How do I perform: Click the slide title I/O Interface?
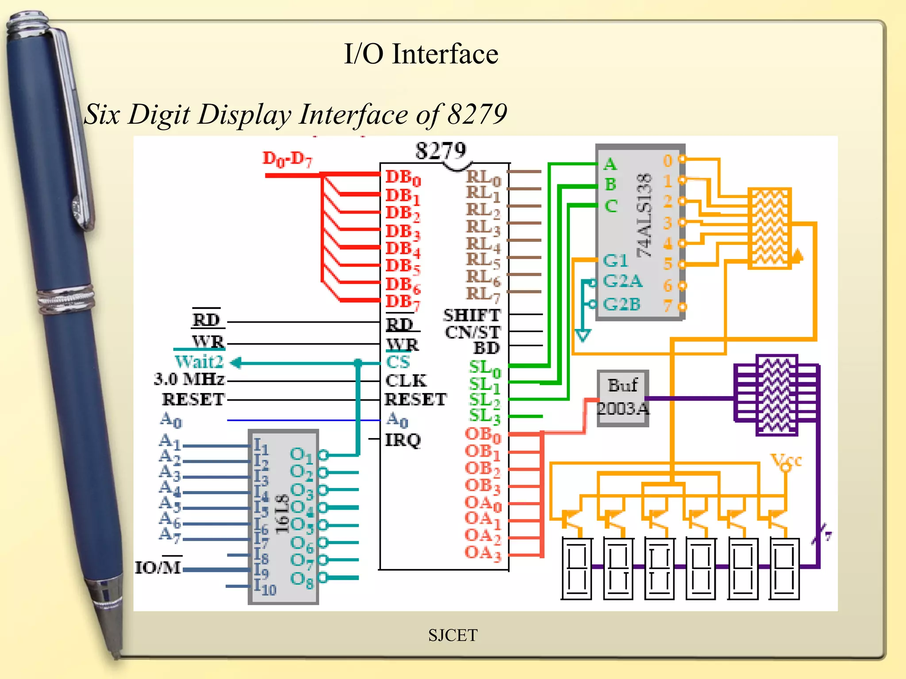click(421, 54)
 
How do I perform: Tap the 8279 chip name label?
click(440, 151)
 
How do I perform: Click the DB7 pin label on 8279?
click(403, 302)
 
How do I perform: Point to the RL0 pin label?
click(483, 178)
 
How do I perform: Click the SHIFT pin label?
click(472, 315)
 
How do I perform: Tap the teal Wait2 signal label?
click(199, 362)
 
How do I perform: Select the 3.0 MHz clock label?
click(189, 379)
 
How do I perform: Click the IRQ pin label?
click(403, 440)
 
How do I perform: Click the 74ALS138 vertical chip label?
click(645, 216)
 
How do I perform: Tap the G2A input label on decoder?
click(622, 281)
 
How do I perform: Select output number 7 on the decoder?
click(668, 305)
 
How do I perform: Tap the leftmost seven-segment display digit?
click(576, 568)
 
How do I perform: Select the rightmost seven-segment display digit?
click(784, 568)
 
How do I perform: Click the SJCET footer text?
click(453, 635)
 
